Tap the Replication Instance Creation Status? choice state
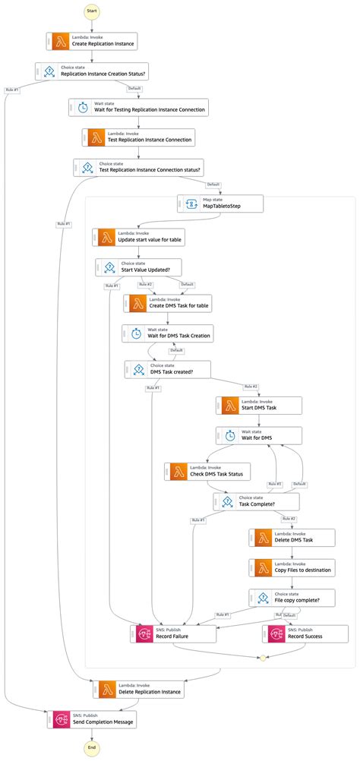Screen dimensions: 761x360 92,71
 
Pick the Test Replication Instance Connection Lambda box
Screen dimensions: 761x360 139,137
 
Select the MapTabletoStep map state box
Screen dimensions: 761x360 220,204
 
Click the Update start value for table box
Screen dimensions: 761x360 139,237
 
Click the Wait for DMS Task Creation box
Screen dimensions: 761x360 168,333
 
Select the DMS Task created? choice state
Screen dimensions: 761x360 168,369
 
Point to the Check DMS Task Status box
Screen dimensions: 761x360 207,471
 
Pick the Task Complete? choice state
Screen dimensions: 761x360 256,500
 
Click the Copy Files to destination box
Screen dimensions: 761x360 292,567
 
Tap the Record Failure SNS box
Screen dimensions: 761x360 175,633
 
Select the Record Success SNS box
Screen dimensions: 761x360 292,633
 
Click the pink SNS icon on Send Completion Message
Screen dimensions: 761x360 61,718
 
